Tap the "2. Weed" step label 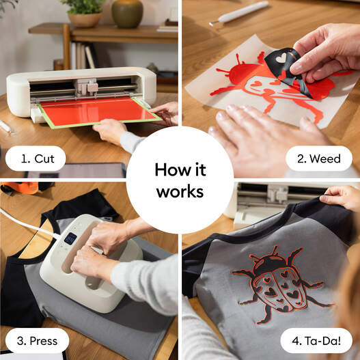319,158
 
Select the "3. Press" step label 37,340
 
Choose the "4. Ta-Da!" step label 315,340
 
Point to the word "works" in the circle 180,192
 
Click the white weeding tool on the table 243,12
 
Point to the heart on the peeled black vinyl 280,59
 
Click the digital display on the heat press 70,238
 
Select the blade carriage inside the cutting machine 87,87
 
